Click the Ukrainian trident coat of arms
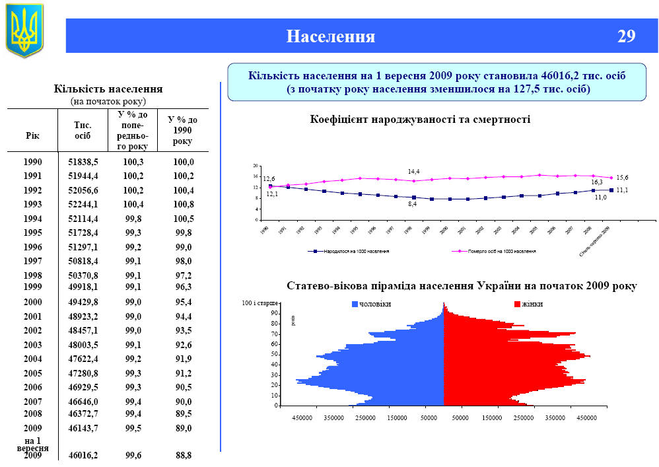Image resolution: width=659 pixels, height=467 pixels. click(x=24, y=30)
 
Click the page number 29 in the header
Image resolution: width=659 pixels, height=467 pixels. click(x=626, y=36)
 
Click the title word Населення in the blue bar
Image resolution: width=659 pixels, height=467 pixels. click(x=330, y=36)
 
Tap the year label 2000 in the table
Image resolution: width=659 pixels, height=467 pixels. click(x=32, y=302)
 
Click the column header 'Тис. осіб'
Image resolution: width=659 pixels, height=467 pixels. click(x=83, y=130)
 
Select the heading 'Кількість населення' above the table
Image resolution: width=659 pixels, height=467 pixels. click(x=108, y=89)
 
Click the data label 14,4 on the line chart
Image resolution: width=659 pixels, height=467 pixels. click(x=414, y=172)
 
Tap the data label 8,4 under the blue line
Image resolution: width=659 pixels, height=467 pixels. click(x=412, y=205)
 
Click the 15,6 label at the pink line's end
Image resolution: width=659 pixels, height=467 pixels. click(x=621, y=178)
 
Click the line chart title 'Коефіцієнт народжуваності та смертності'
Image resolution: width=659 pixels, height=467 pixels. click(x=420, y=120)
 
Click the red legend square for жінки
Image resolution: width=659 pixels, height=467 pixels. click(x=517, y=305)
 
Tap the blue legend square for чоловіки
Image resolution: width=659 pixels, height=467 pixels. click(x=355, y=305)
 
